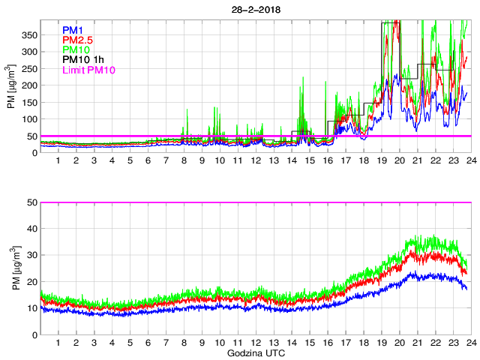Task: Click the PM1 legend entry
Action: pos(72,30)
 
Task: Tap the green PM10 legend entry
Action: pos(75,49)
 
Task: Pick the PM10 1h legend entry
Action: pos(81,59)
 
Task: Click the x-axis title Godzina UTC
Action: pos(255,352)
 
